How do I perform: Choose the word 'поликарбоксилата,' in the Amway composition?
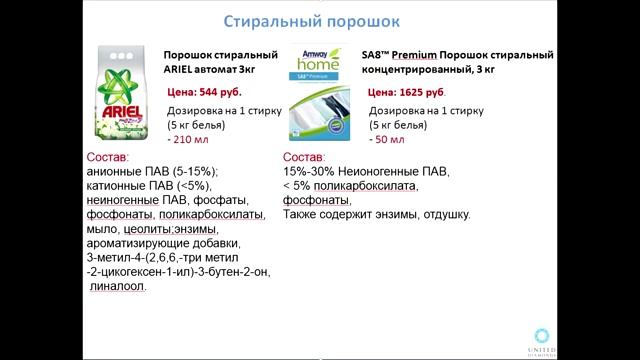[361, 185]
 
